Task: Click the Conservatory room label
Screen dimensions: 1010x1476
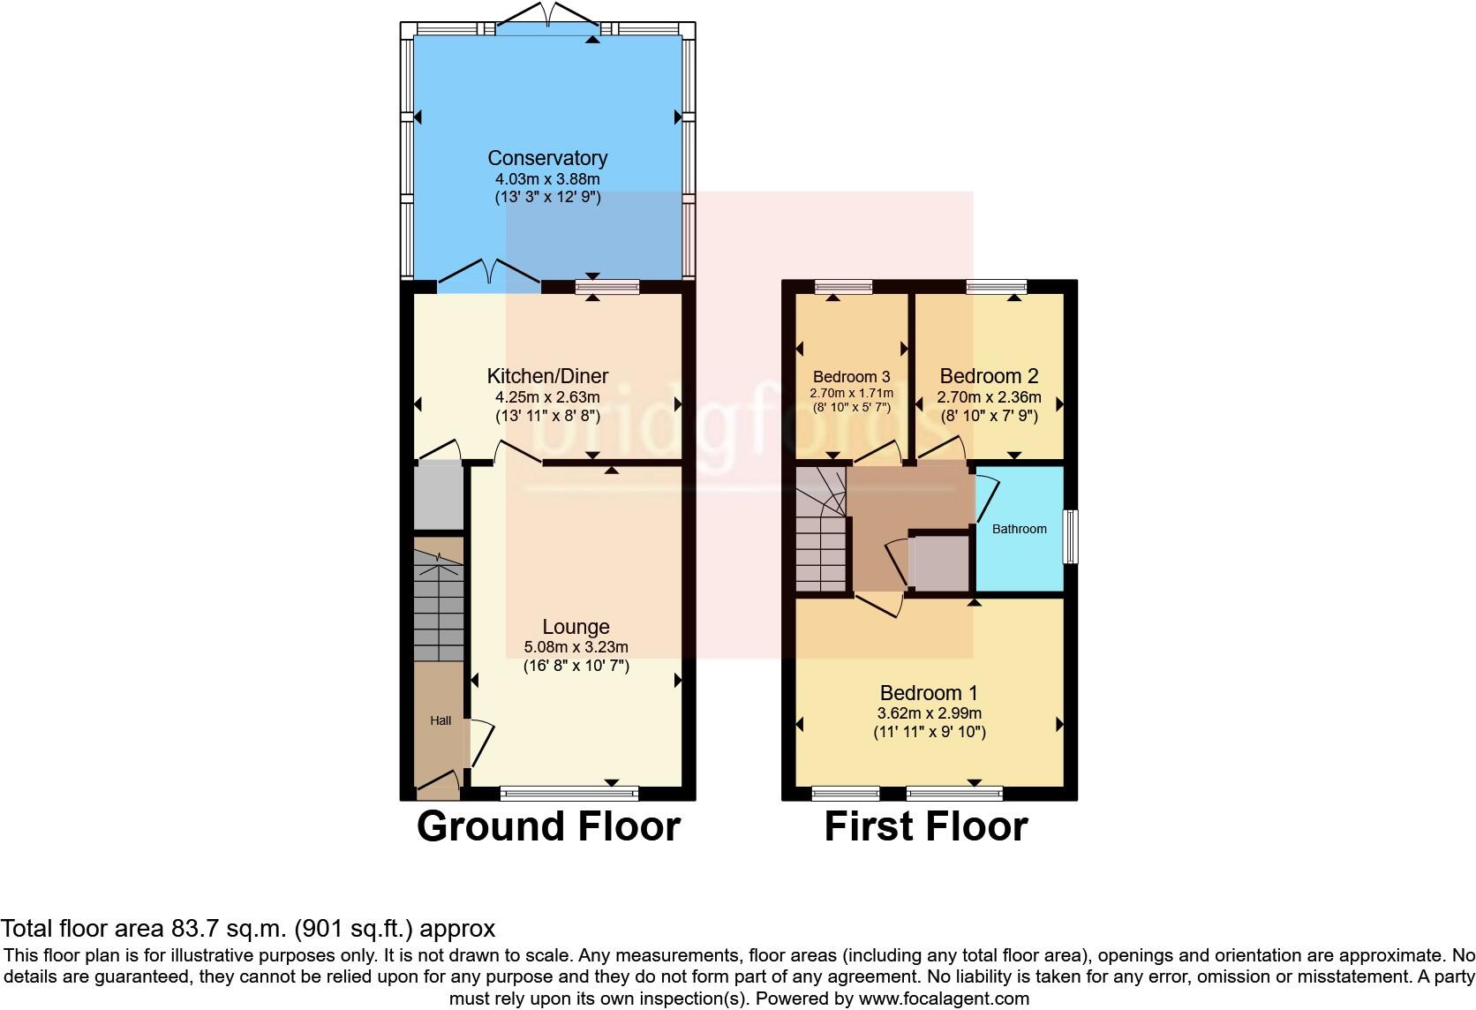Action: pyautogui.click(x=547, y=158)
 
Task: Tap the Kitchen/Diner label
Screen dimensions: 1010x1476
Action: pyautogui.click(x=547, y=376)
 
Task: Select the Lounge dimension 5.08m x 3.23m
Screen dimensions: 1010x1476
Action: pyautogui.click(x=576, y=646)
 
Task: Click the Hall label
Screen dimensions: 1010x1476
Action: pyautogui.click(x=441, y=720)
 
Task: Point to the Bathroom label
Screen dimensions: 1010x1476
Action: pyautogui.click(x=1019, y=529)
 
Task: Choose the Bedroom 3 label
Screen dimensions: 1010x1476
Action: pyautogui.click(x=851, y=376)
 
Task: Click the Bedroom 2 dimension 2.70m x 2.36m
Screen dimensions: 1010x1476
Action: pyautogui.click(x=989, y=396)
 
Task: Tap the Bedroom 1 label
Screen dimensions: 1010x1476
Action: pyautogui.click(x=929, y=692)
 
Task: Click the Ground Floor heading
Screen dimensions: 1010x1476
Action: pyautogui.click(x=547, y=826)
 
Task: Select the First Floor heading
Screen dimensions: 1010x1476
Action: pyautogui.click(x=925, y=826)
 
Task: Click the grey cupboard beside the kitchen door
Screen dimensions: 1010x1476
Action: pyautogui.click(x=439, y=497)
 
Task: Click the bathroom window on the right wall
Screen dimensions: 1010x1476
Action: pyautogui.click(x=1070, y=536)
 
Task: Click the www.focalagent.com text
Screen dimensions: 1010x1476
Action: pyautogui.click(x=944, y=999)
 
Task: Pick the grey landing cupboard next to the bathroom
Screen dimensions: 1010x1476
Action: pyautogui.click(x=938, y=562)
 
